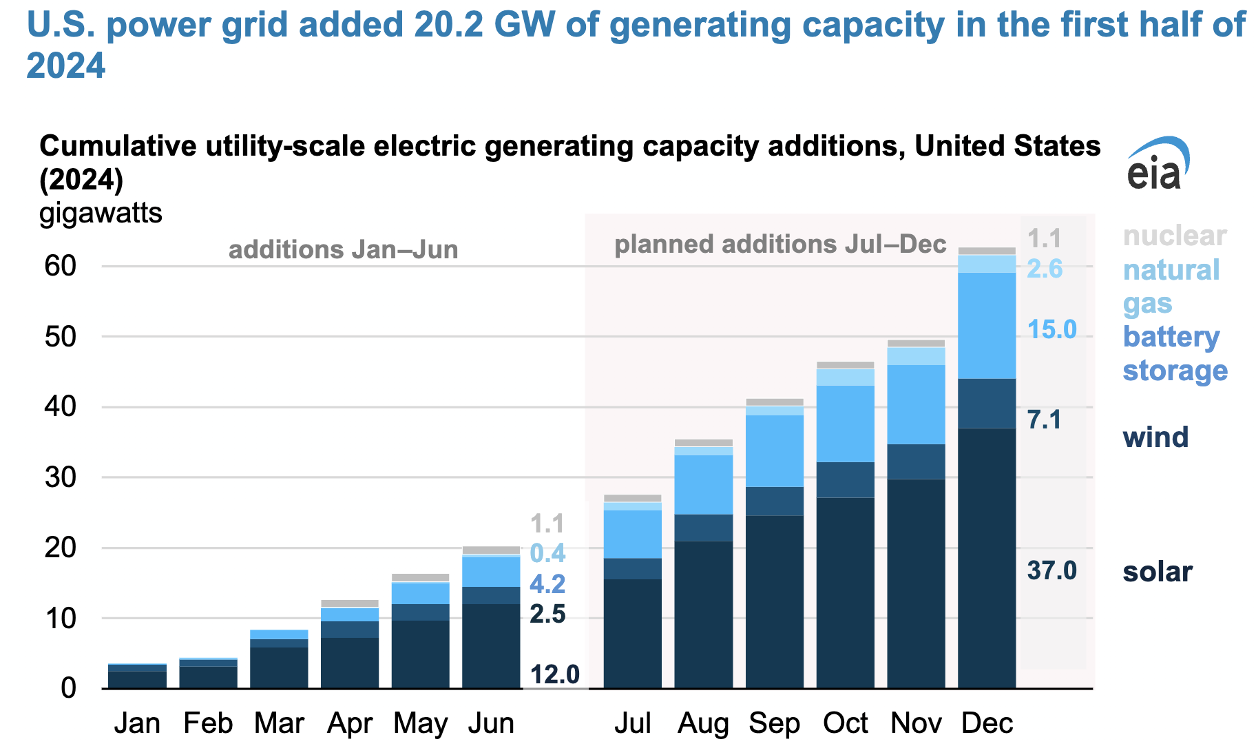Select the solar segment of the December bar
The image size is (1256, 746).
(986, 558)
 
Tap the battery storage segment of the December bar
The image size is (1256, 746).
(986, 325)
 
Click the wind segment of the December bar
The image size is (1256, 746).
(986, 403)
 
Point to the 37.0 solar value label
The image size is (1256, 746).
(1051, 571)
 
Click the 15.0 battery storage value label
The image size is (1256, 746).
(1051, 330)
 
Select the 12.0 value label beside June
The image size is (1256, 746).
(554, 674)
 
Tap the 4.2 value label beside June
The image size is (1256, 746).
(547, 584)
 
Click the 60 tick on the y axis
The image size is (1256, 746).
(61, 266)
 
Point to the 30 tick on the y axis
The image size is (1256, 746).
(61, 477)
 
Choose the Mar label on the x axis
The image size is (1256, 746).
(279, 723)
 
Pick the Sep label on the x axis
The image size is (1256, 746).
(774, 723)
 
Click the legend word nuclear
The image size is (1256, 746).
(1174, 236)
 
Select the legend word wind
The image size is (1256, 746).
(1155, 437)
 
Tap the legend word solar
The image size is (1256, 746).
(1157, 572)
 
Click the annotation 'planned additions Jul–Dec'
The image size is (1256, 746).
(779, 245)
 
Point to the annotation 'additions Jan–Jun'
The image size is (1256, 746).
(343, 249)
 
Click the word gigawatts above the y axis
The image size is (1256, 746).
(101, 213)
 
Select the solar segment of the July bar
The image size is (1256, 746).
(632, 633)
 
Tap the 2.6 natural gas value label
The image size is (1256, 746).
(1045, 269)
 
